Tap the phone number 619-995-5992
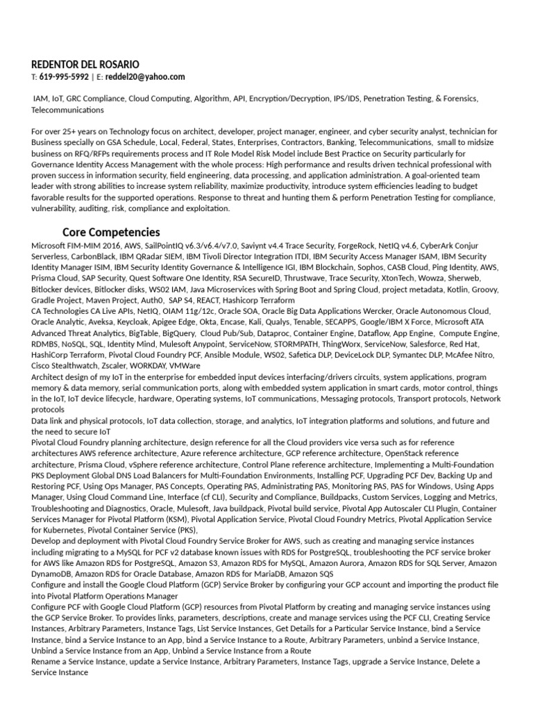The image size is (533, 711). coord(64,76)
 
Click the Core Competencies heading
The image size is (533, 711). coord(111,232)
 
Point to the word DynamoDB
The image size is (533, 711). coord(52,574)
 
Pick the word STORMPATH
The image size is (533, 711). coord(280,344)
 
